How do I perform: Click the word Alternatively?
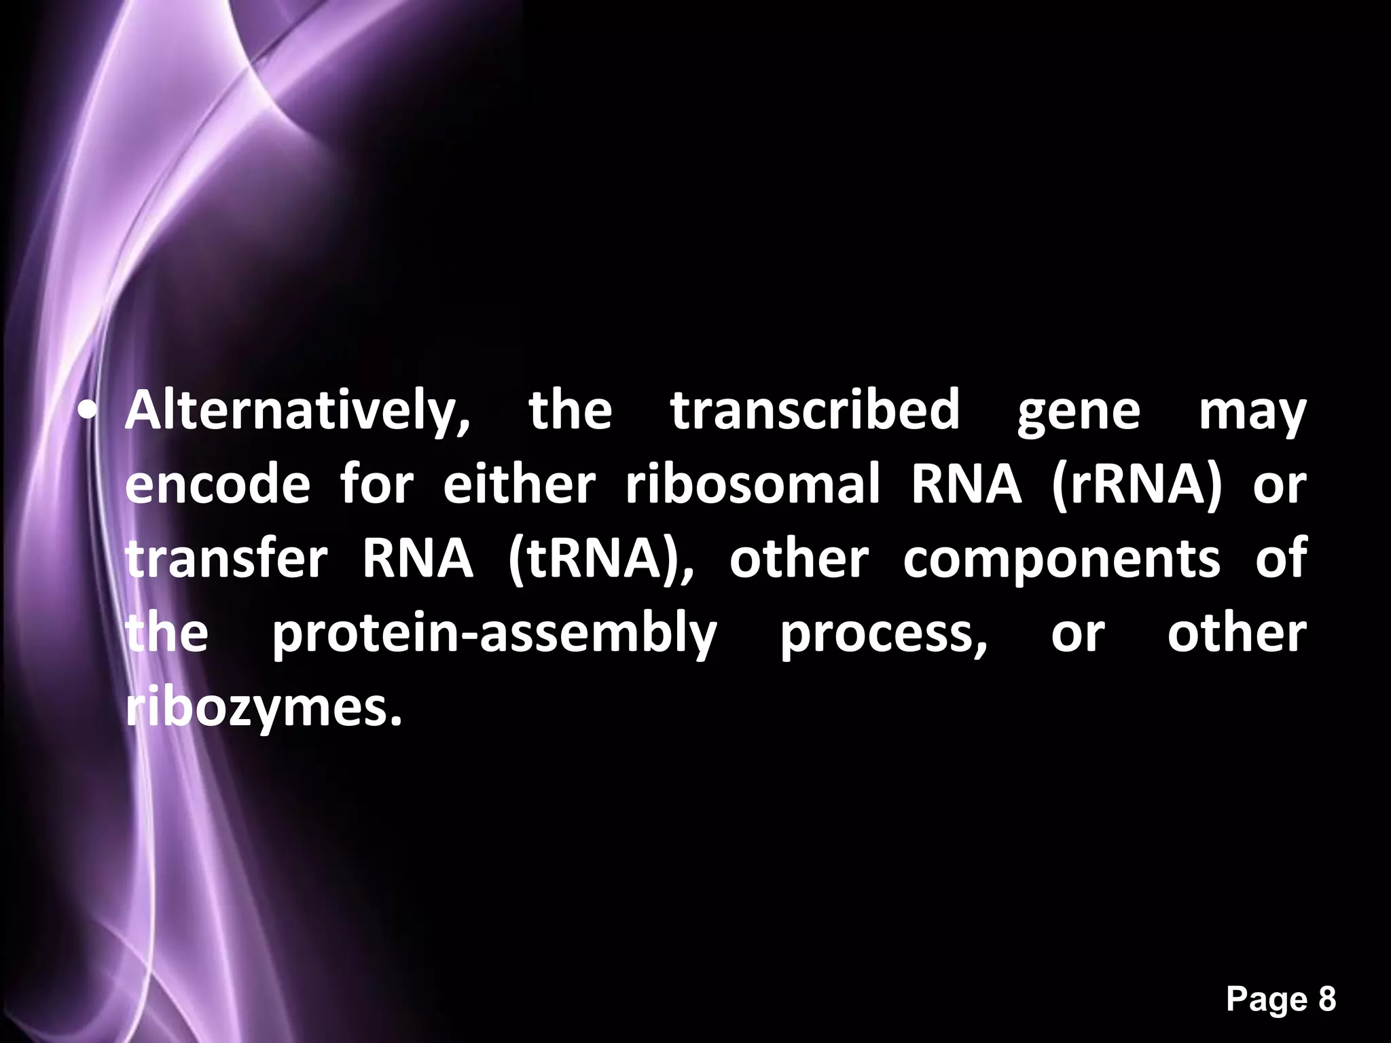coord(297,411)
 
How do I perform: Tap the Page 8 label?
coord(1281,1000)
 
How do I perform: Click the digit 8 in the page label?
coord(1326,1000)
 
